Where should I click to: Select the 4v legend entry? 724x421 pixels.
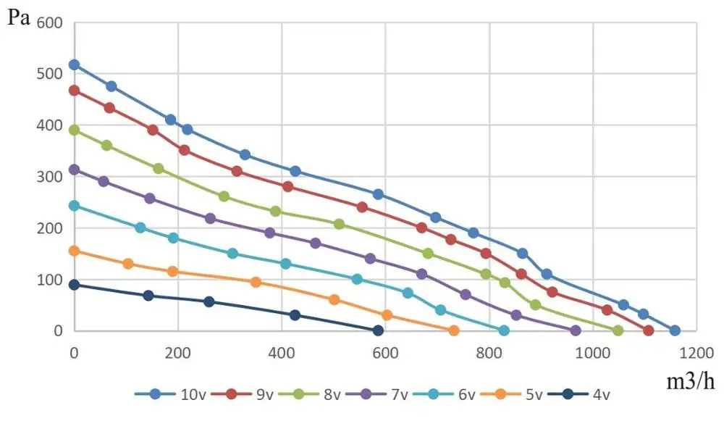[581, 394]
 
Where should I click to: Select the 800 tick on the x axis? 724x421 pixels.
[489, 353]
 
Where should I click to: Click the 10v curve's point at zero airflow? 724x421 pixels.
[74, 64]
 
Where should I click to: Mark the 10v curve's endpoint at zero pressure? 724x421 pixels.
[675, 330]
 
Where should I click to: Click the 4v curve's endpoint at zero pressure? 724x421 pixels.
[378, 330]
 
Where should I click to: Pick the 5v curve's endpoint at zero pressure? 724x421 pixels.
[454, 330]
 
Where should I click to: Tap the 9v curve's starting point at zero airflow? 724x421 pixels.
[74, 91]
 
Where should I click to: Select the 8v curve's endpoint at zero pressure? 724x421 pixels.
[618, 330]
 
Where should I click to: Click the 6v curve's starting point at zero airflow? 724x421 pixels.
[74, 205]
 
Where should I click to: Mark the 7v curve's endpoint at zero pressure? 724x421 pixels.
[576, 330]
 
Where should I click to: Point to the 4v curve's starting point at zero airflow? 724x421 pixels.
[74, 285]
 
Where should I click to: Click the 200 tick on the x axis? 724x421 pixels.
[177, 353]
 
